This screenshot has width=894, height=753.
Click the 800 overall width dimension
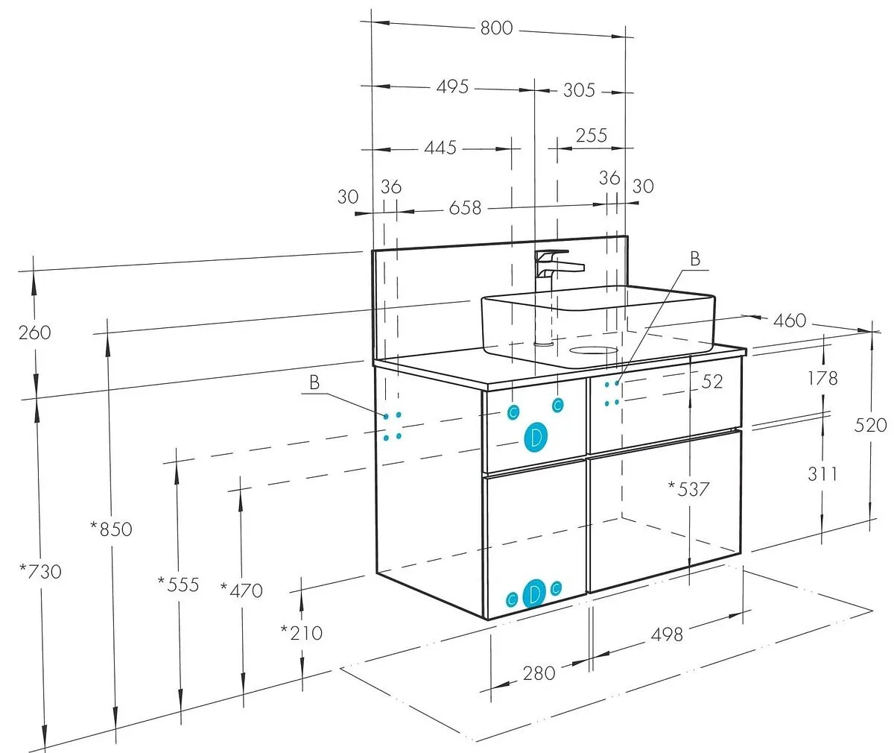pyautogui.click(x=496, y=28)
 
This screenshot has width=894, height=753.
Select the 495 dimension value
pyautogui.click(x=451, y=86)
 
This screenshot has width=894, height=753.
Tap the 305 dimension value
pyautogui.click(x=579, y=90)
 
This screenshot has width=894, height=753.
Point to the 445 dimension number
pyautogui.click(x=440, y=148)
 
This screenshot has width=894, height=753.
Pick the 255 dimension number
pyautogui.click(x=592, y=136)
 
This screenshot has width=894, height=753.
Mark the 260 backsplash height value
pyautogui.click(x=34, y=333)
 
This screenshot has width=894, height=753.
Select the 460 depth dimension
pyautogui.click(x=790, y=321)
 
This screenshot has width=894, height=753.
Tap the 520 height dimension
pyautogui.click(x=871, y=425)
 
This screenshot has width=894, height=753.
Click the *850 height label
pyautogui.click(x=111, y=529)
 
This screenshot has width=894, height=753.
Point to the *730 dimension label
pyautogui.click(x=41, y=572)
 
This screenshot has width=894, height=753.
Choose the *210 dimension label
pyautogui.click(x=301, y=633)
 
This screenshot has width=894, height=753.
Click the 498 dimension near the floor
pyautogui.click(x=666, y=634)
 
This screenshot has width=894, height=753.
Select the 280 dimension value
pyautogui.click(x=539, y=673)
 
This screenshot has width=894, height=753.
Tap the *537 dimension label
pyautogui.click(x=689, y=490)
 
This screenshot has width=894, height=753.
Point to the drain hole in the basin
pyautogui.click(x=593, y=350)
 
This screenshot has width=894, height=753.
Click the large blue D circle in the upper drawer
pyautogui.click(x=535, y=438)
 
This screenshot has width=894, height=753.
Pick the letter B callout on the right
pyautogui.click(x=694, y=259)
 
